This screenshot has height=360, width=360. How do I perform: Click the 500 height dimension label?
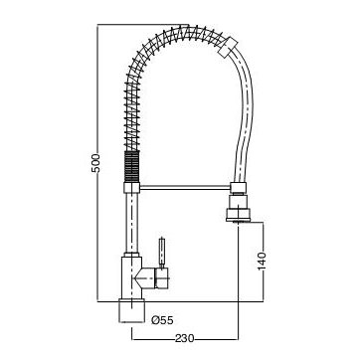[95, 162]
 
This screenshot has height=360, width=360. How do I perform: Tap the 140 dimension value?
[262, 261]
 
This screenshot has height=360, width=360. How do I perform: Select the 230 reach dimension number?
[185, 339]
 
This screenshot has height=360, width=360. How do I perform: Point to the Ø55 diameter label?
[162, 320]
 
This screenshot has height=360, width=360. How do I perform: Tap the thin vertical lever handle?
[162, 252]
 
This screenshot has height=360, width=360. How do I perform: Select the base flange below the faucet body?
[132, 311]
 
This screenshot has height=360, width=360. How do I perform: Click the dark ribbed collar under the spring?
[132, 166]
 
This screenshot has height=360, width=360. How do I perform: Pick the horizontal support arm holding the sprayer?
[185, 188]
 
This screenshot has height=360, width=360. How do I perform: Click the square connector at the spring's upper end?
[228, 46]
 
